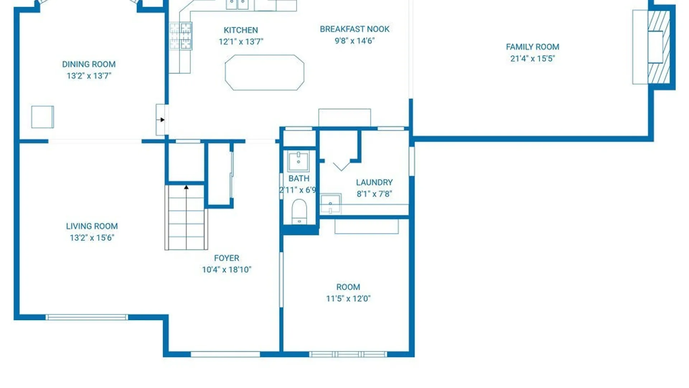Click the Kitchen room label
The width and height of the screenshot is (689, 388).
coord(241,30)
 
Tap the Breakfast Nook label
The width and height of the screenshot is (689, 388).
coord(355,29)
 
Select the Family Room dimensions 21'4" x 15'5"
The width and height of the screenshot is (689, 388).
coord(533,59)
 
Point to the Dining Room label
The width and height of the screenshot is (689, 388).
coord(89,64)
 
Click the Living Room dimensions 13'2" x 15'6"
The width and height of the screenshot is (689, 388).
coord(92,238)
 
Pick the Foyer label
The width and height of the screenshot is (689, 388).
coord(226,258)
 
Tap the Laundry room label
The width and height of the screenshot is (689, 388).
coord(374,183)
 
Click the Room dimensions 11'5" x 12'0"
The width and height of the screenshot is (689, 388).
coord(348,299)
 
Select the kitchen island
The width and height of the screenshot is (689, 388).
coord(264,73)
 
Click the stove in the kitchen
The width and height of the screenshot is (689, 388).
coord(181,36)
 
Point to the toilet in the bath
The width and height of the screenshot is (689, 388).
coord(299,212)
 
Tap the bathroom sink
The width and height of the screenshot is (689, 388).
coord(298,161)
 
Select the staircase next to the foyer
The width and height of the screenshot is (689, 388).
coord(186,217)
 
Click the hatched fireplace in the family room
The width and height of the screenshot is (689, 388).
coord(659,47)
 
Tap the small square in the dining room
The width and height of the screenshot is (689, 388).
coord(42,117)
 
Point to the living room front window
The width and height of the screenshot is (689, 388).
coord(87,317)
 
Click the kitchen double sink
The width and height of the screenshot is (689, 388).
coord(237,5)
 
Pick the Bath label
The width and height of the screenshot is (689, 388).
coord(299,179)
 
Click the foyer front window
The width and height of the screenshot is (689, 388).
coord(225,355)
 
